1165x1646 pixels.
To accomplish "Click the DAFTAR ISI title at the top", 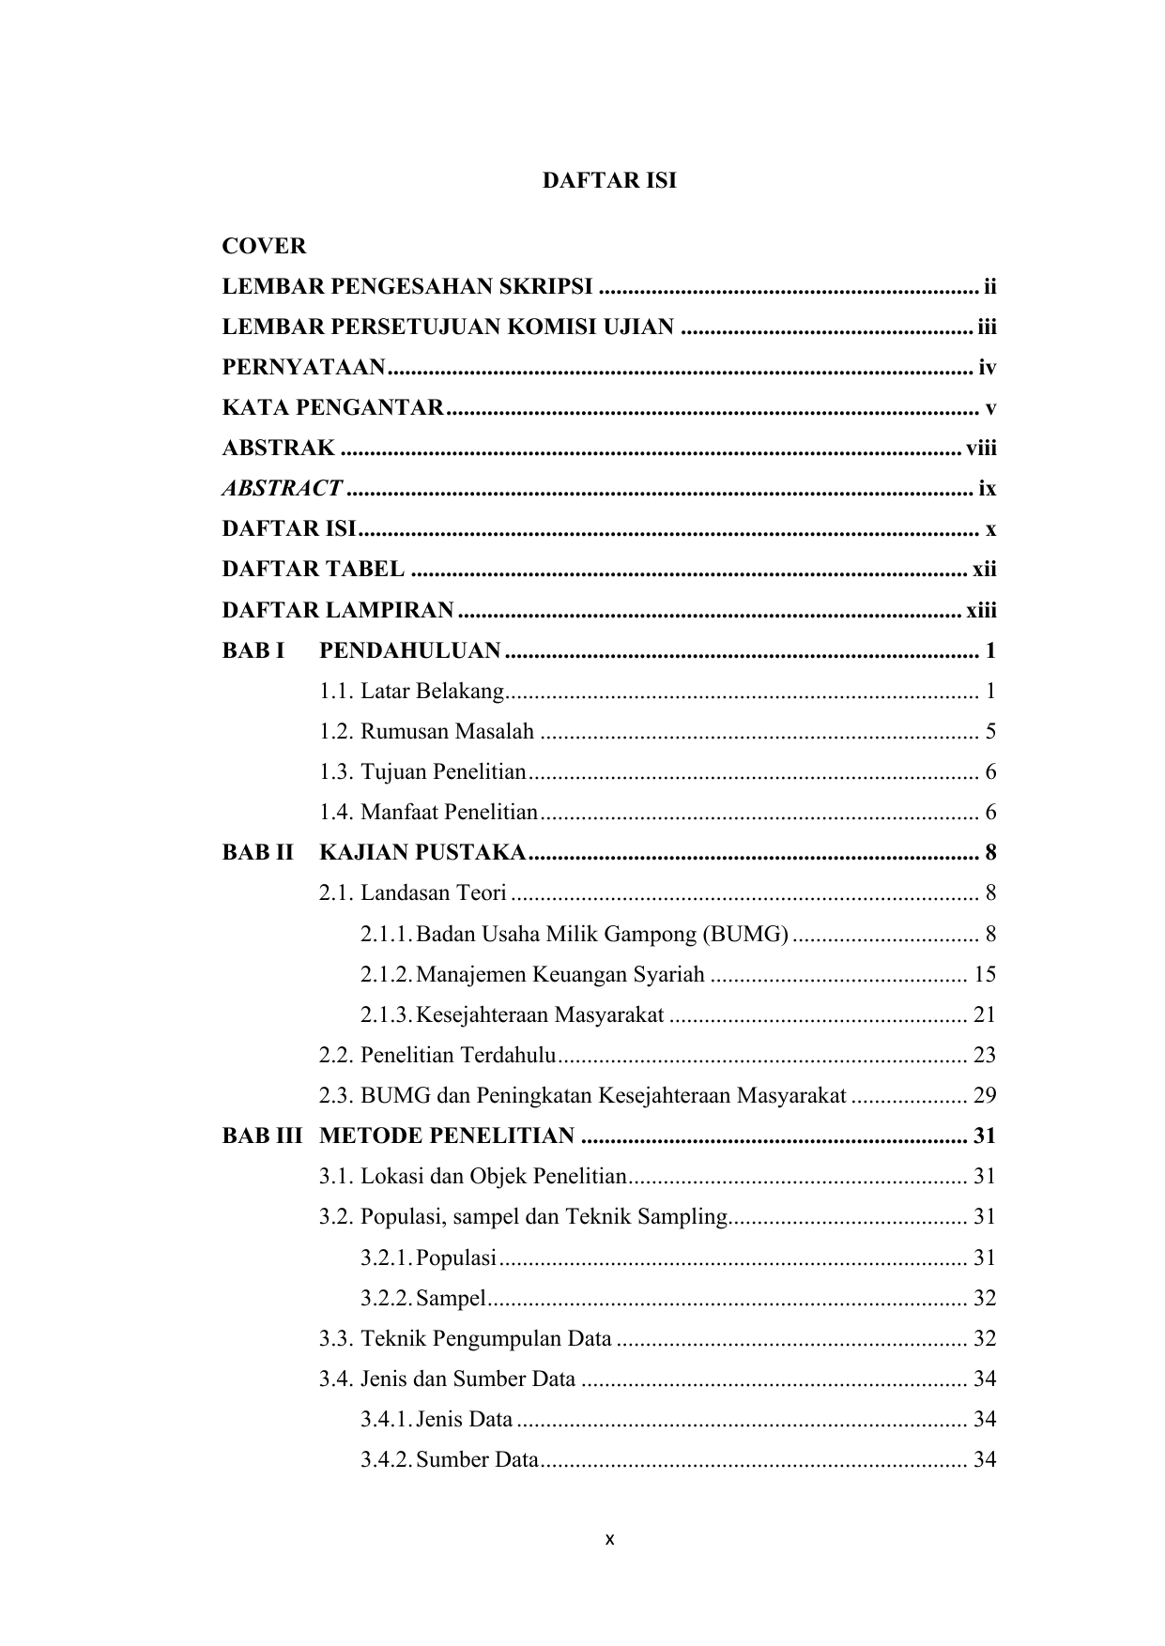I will pos(609,181).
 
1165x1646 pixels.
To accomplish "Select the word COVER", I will pos(264,247).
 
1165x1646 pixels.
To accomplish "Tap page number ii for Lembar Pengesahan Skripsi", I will pos(989,286).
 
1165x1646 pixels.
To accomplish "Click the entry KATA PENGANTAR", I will pos(333,408).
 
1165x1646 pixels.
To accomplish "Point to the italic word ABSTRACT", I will pos(282,489).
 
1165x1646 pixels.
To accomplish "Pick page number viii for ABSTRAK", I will pos(981,449).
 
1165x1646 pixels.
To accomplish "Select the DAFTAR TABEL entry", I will pos(314,570).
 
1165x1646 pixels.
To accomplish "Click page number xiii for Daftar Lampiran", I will pos(981,611).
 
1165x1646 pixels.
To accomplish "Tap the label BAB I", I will pos(253,651).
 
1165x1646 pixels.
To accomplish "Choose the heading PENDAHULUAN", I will pos(410,651).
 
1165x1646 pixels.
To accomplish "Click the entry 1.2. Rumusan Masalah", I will pos(426,732).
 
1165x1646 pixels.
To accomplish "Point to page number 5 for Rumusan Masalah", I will pos(990,732).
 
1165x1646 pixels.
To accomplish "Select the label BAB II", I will pos(257,853).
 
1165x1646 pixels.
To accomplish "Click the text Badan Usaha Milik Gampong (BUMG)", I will pos(602,934).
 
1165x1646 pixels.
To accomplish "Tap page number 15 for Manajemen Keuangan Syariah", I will pos(985,974).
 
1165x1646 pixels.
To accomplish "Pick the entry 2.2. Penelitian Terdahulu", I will pos(437,1055).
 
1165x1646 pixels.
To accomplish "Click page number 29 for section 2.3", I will pos(985,1095).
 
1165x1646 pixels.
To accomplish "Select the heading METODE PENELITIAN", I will pos(447,1136).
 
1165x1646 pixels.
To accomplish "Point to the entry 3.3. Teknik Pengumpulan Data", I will pos(466,1338).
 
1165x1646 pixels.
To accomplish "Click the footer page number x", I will pos(609,1540).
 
